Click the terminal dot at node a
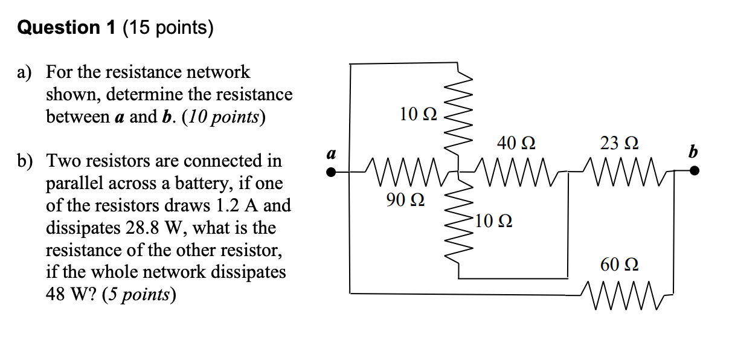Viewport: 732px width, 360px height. tap(330, 172)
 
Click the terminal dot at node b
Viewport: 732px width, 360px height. tap(695, 172)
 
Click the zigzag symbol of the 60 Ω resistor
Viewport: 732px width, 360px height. tap(620, 295)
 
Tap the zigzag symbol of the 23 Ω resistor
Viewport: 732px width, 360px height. tap(620, 172)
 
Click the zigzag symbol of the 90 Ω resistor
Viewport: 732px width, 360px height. tap(405, 172)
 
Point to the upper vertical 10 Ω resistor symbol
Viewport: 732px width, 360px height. tap(458, 115)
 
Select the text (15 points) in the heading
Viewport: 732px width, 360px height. tap(169, 28)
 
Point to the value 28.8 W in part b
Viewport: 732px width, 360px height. tap(141, 228)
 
